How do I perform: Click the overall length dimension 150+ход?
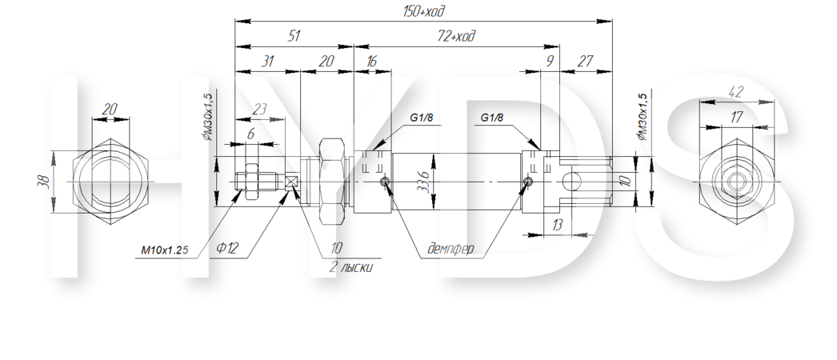(424, 11)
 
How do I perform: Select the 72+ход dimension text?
(456, 36)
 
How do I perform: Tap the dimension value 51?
(294, 36)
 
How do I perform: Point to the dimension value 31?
(267, 62)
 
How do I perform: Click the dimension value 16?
(371, 62)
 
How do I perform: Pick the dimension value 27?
(585, 62)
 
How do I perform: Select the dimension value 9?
(549, 62)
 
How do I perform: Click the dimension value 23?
(259, 110)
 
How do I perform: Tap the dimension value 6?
(250, 134)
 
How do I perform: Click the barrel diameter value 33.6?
(424, 182)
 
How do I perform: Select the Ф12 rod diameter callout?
(227, 248)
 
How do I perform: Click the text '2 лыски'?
(351, 267)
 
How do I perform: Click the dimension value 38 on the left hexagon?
(44, 182)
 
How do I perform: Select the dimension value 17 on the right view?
(736, 118)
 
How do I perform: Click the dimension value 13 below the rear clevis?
(557, 225)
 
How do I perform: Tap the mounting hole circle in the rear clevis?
(571, 182)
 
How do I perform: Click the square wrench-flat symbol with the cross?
(291, 182)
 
